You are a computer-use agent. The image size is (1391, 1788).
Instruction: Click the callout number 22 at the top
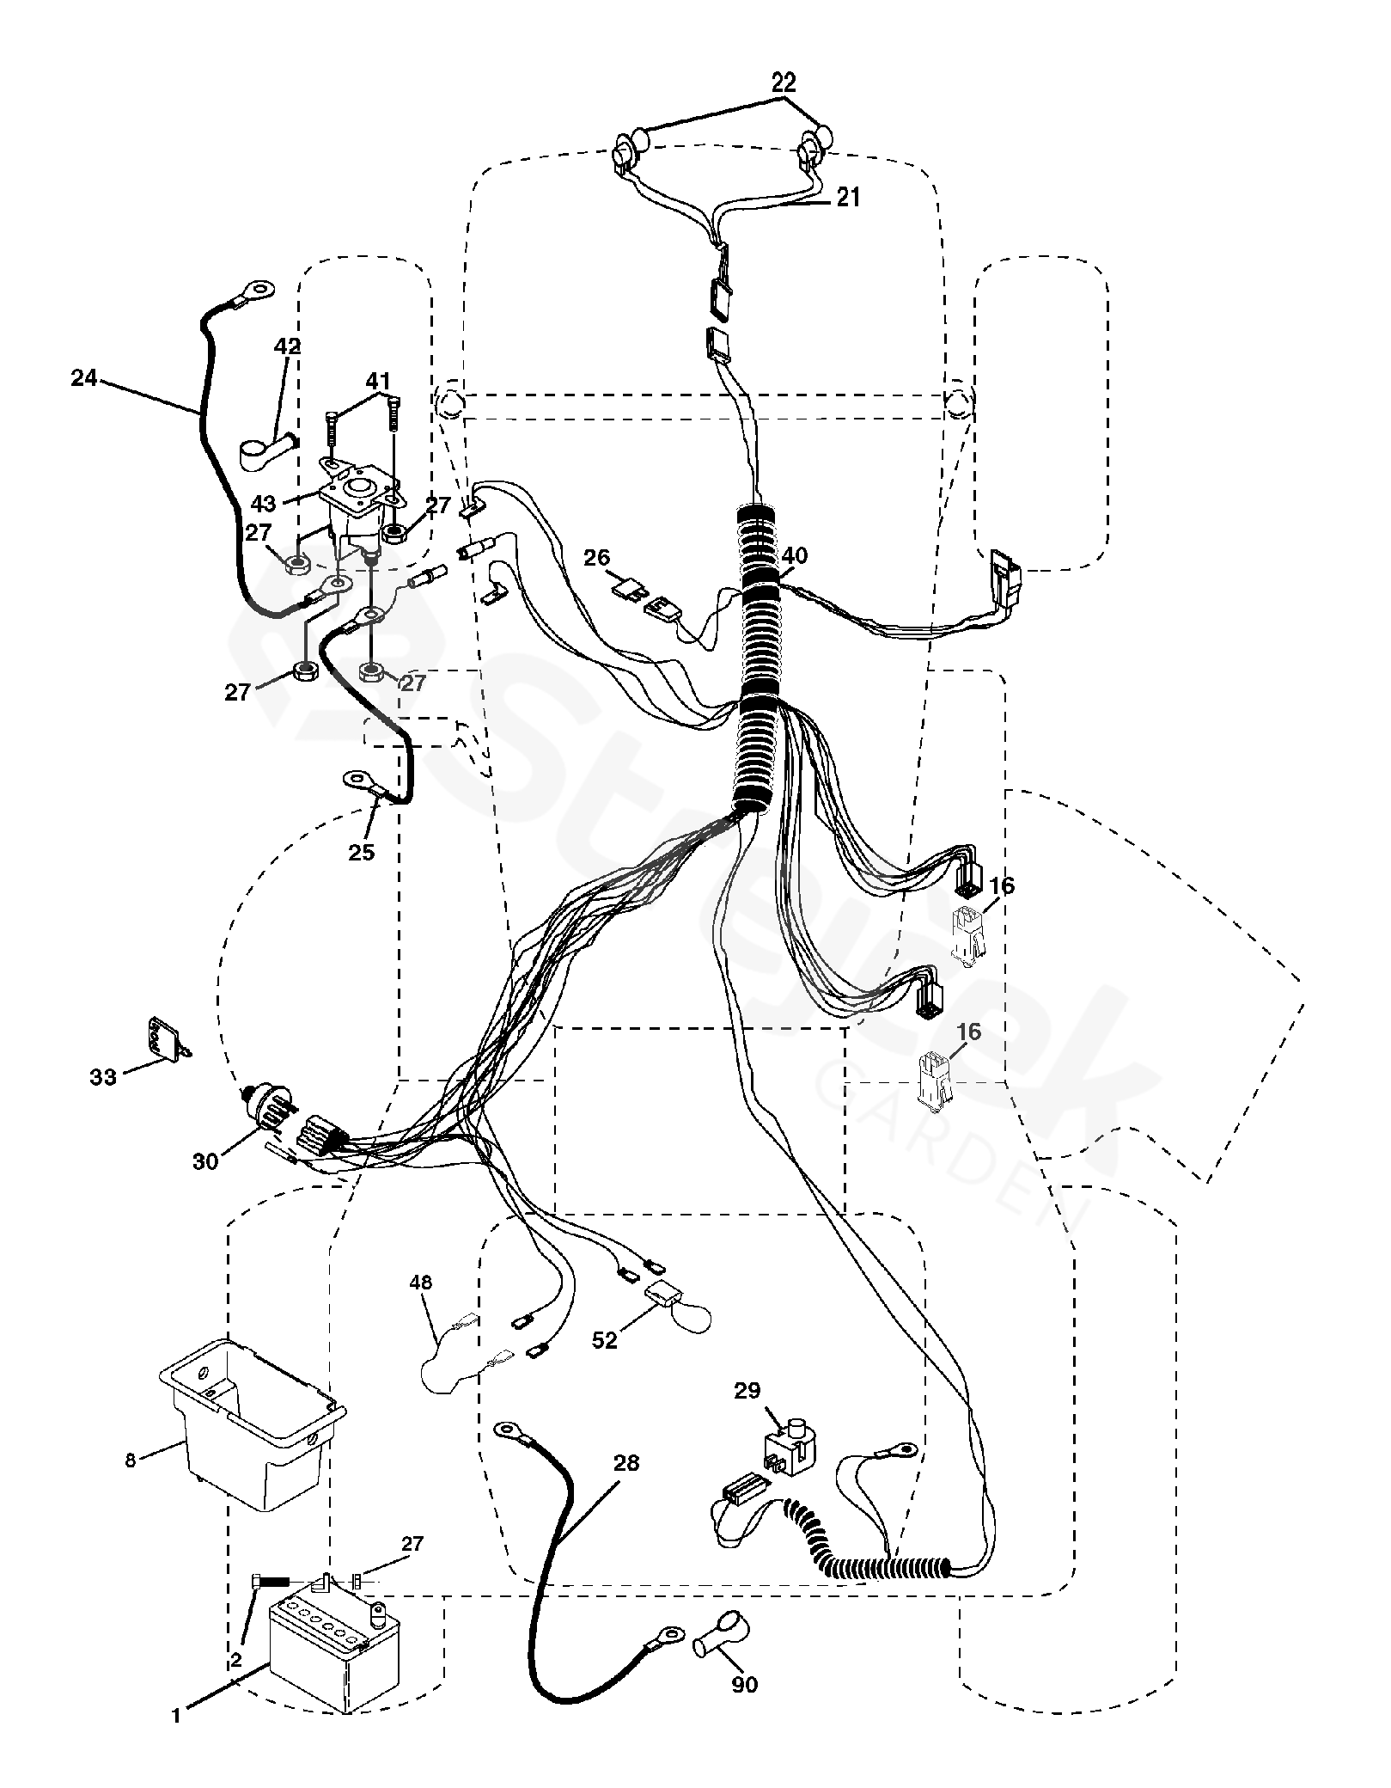pos(783,83)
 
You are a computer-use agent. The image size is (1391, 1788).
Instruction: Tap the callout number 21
pos(847,197)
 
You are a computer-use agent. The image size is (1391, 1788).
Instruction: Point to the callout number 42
pos(288,346)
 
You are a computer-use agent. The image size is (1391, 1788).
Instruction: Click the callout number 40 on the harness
pos(795,556)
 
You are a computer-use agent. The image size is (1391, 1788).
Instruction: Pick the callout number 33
pos(103,1075)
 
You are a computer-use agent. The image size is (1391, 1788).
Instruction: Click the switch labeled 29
pos(788,1452)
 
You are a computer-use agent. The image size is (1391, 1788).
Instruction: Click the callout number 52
pos(605,1340)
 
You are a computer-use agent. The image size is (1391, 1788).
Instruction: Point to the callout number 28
pos(626,1462)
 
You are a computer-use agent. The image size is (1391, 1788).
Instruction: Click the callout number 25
pos(362,853)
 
